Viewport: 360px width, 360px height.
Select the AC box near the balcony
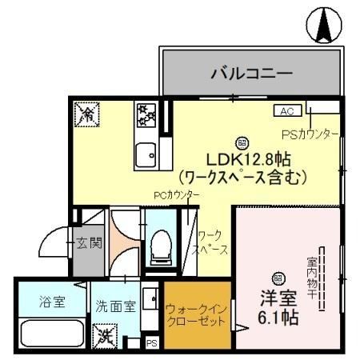[288, 111]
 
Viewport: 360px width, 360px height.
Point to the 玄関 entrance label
[88, 242]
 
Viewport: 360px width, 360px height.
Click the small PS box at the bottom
[151, 343]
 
